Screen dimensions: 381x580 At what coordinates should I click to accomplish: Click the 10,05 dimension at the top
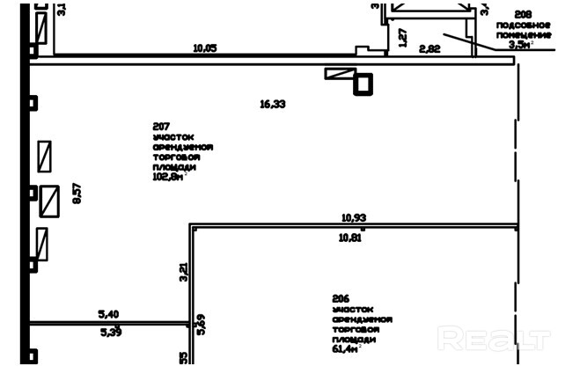tap(205, 48)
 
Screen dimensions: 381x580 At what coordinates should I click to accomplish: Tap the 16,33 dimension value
tap(273, 104)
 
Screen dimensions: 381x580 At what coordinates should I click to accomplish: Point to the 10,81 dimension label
tap(350, 237)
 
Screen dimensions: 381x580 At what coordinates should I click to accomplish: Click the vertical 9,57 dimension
tap(77, 193)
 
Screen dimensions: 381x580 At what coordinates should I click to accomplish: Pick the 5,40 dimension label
tap(109, 314)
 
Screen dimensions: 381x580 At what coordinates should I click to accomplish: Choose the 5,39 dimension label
tap(111, 332)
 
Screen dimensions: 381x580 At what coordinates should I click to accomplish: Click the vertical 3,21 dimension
tap(183, 273)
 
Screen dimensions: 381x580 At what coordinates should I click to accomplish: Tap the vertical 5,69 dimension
tap(201, 325)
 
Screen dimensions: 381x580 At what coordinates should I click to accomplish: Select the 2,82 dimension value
tap(430, 49)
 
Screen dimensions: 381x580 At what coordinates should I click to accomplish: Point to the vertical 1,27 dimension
tap(402, 38)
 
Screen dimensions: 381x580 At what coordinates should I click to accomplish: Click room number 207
tap(161, 127)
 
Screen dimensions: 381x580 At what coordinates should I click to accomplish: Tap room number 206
tap(341, 299)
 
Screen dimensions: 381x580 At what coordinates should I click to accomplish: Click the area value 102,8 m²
tap(169, 176)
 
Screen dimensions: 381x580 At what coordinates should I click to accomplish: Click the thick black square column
tap(363, 84)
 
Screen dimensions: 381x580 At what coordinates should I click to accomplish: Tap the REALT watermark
tap(495, 339)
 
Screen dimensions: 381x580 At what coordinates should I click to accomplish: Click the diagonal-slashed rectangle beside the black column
tap(339, 75)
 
